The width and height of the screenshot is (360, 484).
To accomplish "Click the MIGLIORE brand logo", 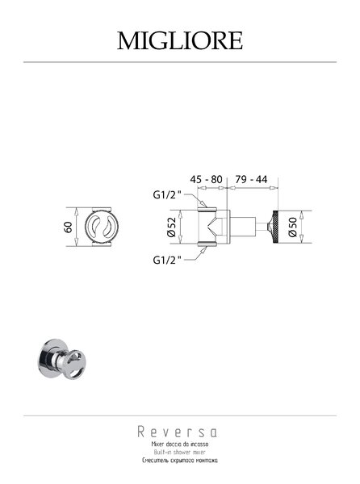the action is coord(180,40).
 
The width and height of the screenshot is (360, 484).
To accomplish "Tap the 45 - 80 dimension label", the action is coord(206,179).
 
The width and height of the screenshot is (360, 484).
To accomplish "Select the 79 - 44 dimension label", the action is coord(251,179).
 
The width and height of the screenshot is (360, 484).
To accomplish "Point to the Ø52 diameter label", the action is coord(171,227).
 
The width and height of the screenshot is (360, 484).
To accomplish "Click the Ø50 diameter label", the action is coord(292,227).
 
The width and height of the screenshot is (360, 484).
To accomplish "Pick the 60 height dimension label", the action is coord(69,227).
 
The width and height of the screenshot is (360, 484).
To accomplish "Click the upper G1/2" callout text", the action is coord(166,195).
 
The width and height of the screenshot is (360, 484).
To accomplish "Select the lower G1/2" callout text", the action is coord(166,260).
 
